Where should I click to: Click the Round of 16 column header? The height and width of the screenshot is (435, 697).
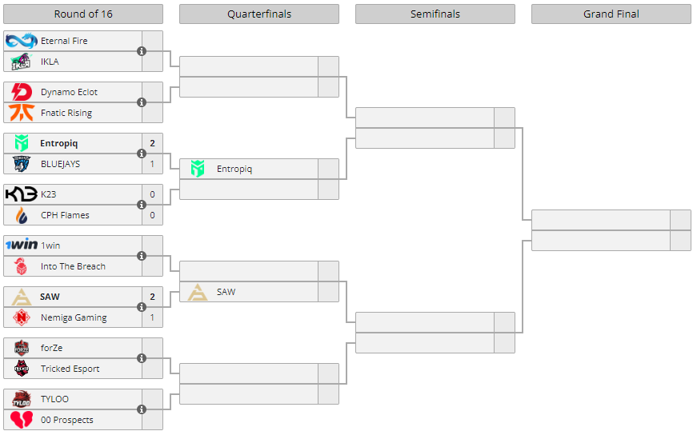(83, 14)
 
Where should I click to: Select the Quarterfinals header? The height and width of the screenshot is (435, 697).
(259, 14)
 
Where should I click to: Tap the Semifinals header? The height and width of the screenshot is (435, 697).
(435, 14)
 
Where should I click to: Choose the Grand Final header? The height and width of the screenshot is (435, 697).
(611, 14)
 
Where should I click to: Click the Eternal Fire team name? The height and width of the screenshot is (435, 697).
(64, 41)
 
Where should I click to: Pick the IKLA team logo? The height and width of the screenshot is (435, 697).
(22, 62)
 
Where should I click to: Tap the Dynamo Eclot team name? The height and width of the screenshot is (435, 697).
(69, 92)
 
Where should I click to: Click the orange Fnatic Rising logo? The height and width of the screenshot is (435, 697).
(22, 113)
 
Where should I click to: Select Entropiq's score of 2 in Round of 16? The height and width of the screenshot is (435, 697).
(152, 143)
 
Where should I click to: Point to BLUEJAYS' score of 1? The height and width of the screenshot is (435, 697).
(152, 164)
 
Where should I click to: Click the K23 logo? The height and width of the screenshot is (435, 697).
(22, 194)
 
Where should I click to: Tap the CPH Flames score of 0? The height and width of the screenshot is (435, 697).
(152, 215)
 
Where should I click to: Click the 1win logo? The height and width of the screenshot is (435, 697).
(22, 245)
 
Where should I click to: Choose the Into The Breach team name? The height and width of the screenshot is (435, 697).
(73, 266)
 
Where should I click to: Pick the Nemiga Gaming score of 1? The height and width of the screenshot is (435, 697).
(152, 317)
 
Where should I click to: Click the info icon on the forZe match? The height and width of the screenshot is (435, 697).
(142, 358)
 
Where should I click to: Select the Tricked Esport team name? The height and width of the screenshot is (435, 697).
(70, 369)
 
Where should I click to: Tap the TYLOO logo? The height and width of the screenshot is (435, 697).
(22, 399)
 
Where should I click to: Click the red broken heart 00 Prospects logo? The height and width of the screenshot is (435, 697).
(22, 420)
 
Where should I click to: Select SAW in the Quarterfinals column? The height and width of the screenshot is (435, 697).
(226, 292)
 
